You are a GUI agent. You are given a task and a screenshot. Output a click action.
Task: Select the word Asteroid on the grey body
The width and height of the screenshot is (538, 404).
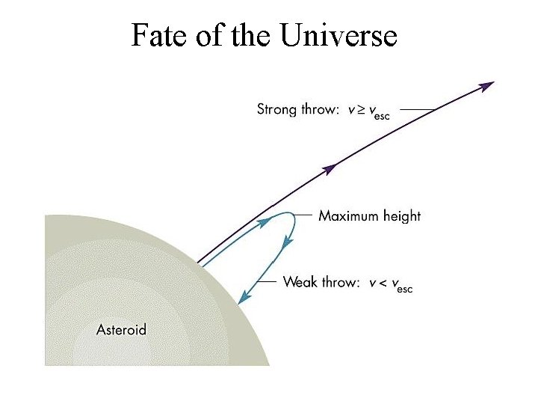121,329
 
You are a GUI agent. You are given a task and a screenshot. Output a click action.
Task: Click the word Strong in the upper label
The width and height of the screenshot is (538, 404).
277,109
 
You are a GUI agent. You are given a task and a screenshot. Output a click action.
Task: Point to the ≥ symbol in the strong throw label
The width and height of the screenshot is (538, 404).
362,110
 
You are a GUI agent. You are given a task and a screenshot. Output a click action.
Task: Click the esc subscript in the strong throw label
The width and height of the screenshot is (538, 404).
380,115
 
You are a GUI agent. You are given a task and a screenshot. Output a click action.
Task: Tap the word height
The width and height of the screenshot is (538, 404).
402,216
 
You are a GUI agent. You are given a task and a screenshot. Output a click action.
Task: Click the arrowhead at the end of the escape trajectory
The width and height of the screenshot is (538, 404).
487,86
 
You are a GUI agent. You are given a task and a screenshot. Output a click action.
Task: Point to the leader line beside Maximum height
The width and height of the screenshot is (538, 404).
303,215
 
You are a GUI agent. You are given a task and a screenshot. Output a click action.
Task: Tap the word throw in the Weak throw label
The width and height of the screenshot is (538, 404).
340,282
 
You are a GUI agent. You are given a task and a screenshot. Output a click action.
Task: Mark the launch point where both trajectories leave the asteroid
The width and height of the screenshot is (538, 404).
200,263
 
